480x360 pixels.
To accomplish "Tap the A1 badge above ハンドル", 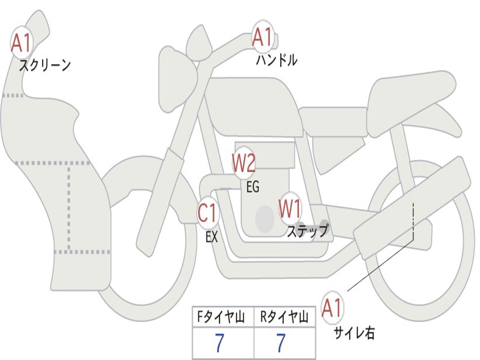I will click(263, 37).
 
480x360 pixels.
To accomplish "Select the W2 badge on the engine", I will click(244, 164).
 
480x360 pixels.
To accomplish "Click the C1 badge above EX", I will click(208, 214).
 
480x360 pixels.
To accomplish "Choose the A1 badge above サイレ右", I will click(333, 308).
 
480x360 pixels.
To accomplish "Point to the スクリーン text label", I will click(45, 65).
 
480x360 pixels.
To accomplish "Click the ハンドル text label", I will click(277, 60).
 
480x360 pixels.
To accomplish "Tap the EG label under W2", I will click(253, 187).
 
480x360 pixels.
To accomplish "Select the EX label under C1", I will click(212, 237).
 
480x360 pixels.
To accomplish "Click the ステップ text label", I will click(307, 231).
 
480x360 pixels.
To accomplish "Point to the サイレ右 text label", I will click(354, 333).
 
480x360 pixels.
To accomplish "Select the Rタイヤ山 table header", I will click(284, 318).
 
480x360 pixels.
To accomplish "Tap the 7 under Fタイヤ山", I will click(219, 344).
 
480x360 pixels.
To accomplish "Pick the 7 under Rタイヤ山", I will click(280, 344).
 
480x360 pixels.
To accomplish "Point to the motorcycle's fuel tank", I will click(253, 105).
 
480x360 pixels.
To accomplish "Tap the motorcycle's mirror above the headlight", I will click(200, 44).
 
